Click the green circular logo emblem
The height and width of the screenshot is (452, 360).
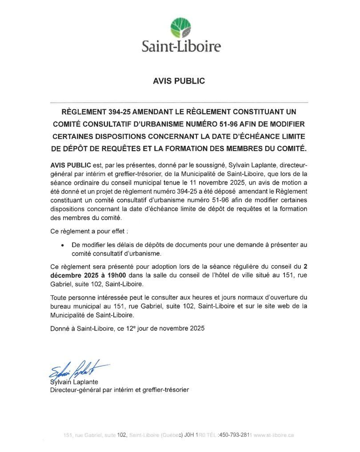point(181,27)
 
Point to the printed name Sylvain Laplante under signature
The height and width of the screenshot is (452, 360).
point(74,382)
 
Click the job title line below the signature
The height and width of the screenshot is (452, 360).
point(119,390)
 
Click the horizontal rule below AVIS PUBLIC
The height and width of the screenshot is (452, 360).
point(180,102)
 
